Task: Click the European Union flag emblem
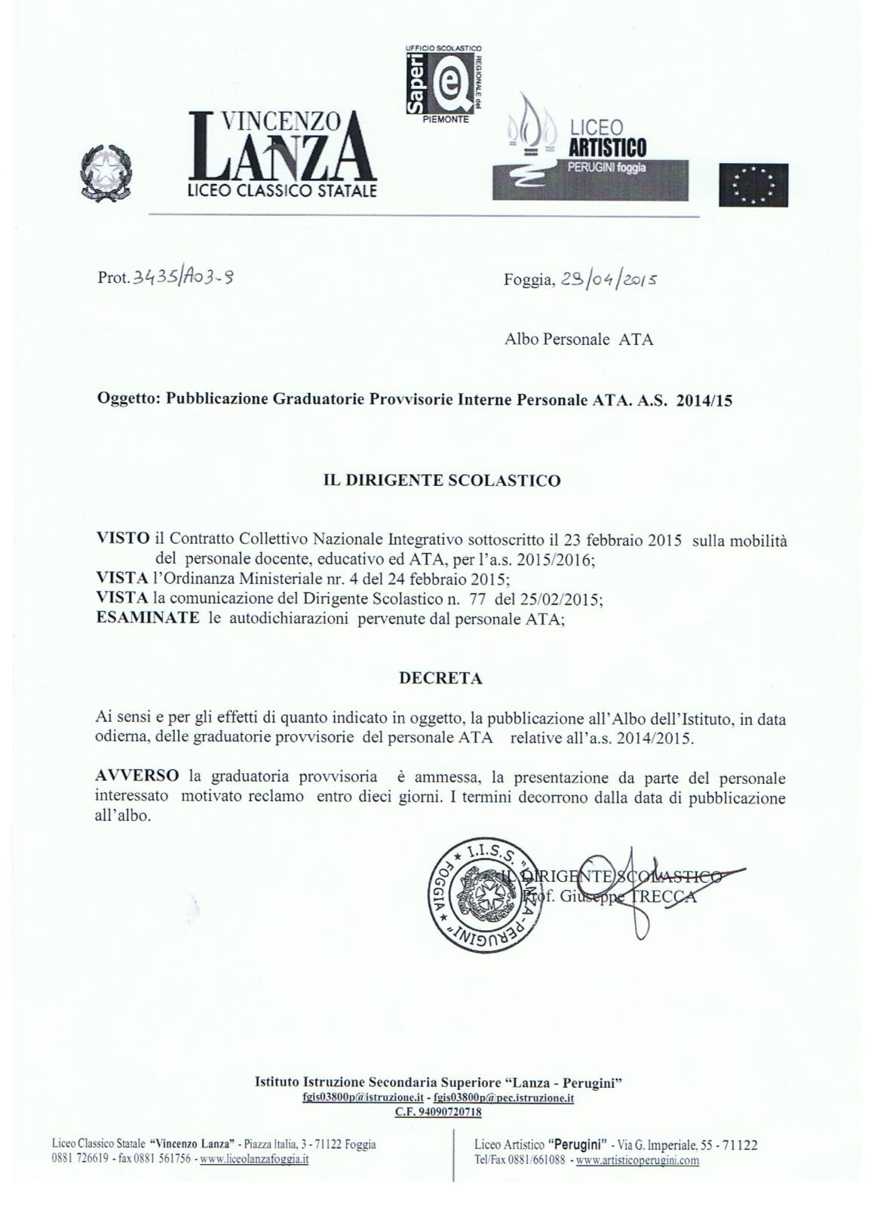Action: coord(753,185)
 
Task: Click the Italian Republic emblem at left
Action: coord(106,173)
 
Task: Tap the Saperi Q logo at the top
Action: coord(443,82)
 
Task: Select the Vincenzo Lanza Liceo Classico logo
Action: coord(281,155)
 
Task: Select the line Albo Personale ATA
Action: coord(578,339)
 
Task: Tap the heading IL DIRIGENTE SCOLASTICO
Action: coord(442,481)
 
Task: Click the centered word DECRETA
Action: coord(440,678)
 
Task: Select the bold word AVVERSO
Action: coord(137,776)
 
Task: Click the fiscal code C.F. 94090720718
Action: coord(438,1112)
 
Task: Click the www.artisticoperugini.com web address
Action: coord(637,1160)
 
